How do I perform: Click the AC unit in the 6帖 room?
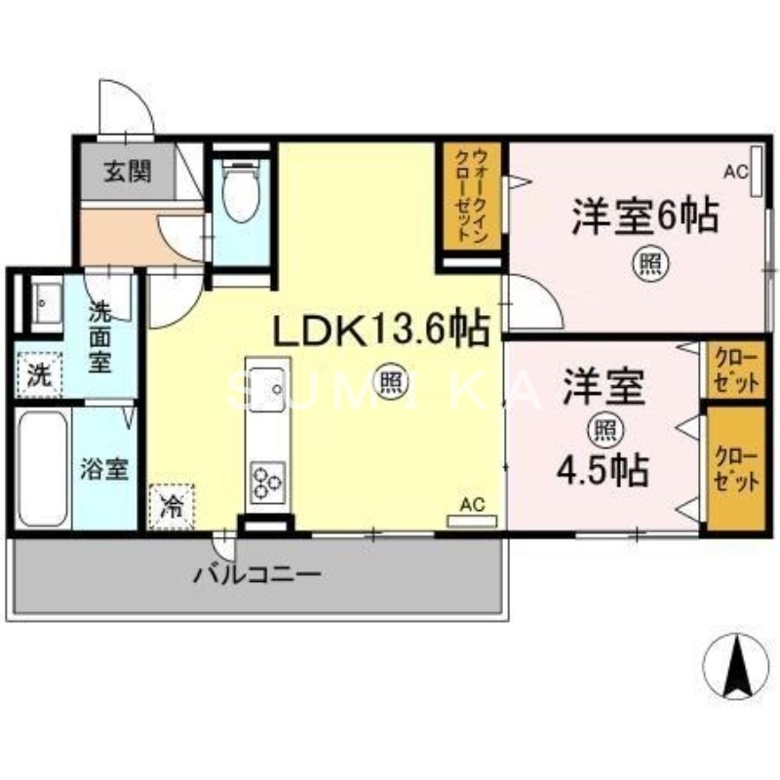pyautogui.click(x=756, y=186)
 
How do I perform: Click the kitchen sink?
pyautogui.click(x=267, y=394)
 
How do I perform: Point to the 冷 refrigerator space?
pyautogui.click(x=172, y=506)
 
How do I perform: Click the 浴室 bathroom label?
pyautogui.click(x=104, y=469)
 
